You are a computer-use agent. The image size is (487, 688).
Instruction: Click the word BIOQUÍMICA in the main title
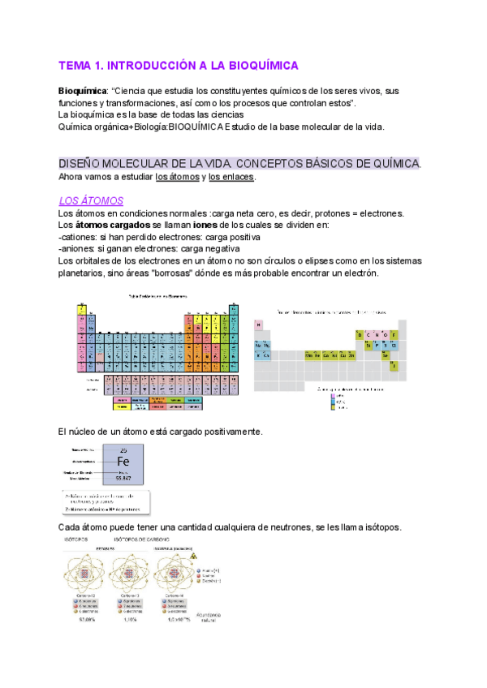259,65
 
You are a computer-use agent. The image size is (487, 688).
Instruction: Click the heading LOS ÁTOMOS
91,200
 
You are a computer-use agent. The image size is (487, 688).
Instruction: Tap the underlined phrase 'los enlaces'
231,177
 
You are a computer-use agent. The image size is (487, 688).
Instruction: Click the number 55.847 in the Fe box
123,479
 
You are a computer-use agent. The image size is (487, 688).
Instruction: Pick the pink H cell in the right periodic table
259,325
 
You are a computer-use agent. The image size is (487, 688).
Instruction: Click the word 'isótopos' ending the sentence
379,527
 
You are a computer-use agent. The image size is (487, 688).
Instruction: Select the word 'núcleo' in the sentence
84,431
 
